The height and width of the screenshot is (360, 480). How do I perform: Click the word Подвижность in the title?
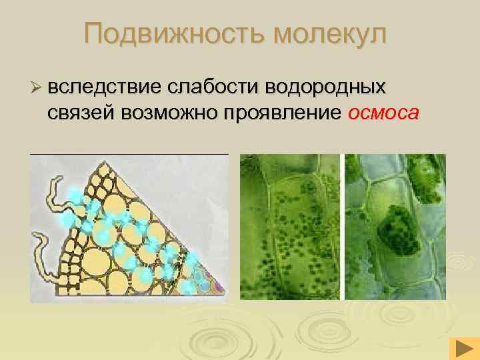click(x=171, y=34)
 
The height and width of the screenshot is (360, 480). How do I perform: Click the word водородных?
click(x=326, y=87)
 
